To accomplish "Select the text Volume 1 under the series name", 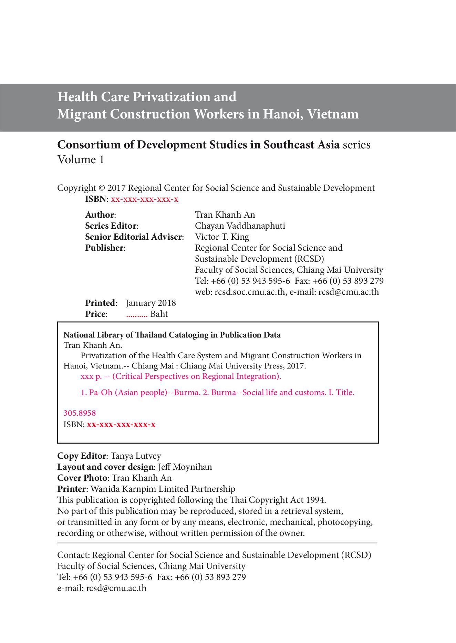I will (81, 160).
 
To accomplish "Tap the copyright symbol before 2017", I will (102, 188).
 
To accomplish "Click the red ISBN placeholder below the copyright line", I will (144, 199).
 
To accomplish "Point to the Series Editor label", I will (112, 226).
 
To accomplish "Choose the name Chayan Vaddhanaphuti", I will (240, 226).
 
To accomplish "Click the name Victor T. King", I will (222, 237).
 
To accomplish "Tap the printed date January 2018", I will (151, 303).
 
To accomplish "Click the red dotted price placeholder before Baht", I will (137, 314).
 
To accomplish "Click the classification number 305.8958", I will (80, 413).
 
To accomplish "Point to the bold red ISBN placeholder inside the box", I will (121, 425).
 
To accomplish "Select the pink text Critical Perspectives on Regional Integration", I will (196, 376).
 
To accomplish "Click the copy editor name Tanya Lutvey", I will (136, 456).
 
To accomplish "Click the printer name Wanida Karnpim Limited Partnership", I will (163, 489).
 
